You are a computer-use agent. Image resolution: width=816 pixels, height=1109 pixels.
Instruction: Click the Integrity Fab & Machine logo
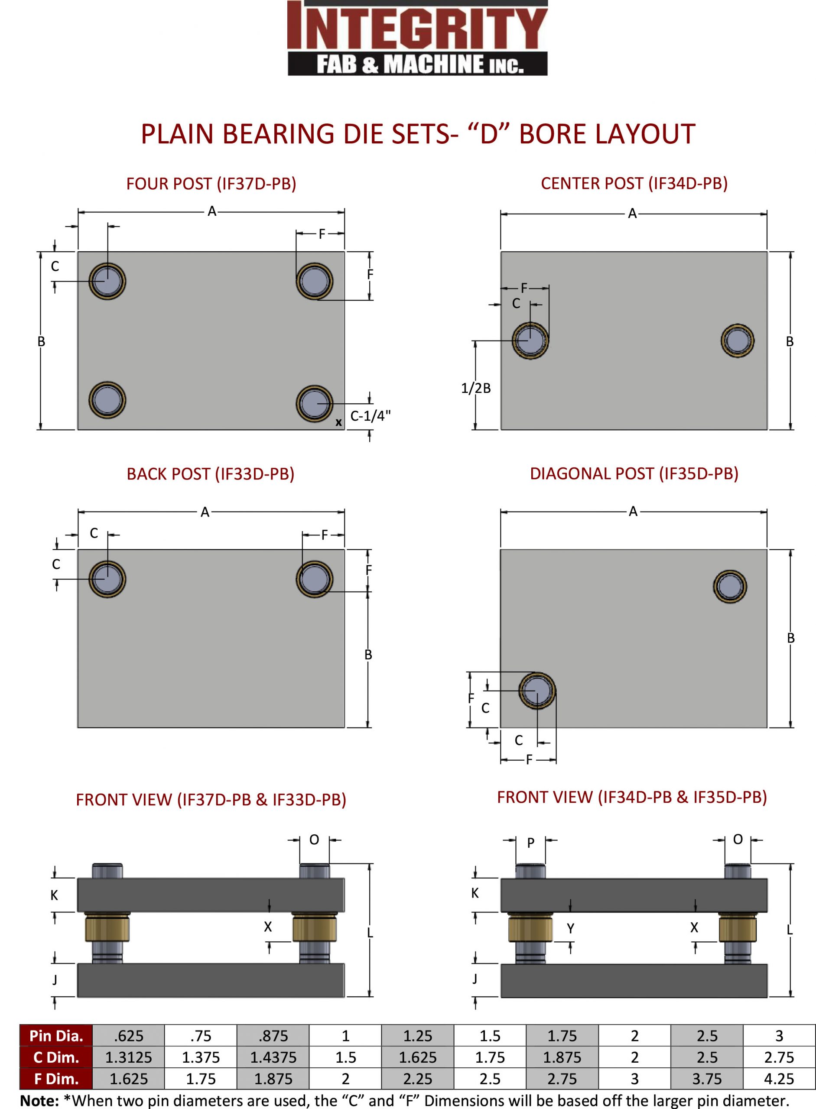417,38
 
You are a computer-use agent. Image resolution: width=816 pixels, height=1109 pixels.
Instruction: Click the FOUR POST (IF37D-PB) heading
211,184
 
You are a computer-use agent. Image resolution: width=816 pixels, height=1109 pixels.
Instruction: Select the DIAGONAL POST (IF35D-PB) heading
634,473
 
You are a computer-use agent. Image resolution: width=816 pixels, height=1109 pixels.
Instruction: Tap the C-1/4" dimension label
370,416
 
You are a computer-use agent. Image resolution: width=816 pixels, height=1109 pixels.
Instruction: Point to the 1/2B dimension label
476,389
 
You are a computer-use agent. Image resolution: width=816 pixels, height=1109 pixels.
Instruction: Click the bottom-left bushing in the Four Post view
107,400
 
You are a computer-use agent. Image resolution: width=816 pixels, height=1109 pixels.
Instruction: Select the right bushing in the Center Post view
737,340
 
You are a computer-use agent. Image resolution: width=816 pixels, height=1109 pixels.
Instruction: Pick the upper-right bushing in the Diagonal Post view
730,587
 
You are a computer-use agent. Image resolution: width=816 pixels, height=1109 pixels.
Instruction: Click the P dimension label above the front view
530,843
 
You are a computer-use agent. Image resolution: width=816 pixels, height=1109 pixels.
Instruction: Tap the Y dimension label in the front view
571,929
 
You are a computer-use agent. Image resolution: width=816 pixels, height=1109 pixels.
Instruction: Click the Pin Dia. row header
56,1035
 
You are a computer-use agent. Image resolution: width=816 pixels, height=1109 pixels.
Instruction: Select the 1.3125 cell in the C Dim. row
128,1057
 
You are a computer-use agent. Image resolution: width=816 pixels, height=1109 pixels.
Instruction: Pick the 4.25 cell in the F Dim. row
779,1079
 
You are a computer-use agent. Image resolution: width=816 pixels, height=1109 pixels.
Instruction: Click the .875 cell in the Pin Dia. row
273,1035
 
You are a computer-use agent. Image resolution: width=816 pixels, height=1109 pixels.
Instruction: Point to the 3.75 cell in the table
707,1079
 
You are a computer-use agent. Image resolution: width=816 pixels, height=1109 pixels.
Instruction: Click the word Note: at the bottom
39,1101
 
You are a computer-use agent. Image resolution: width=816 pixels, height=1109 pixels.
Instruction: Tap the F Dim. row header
56,1079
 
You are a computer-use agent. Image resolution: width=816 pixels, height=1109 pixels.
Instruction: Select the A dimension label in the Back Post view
205,512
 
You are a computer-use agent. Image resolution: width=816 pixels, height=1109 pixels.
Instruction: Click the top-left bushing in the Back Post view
107,579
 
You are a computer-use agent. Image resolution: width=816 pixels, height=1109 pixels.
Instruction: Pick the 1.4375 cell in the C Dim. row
273,1057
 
